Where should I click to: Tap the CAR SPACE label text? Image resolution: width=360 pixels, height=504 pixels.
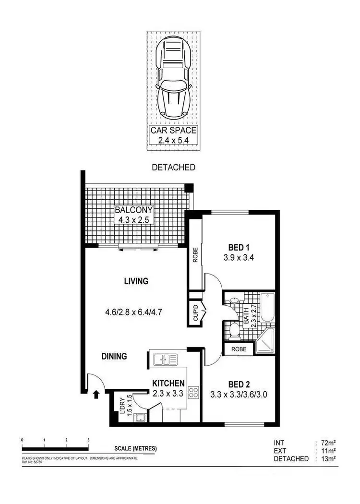173,130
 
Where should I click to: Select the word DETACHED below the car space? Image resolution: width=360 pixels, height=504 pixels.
173,168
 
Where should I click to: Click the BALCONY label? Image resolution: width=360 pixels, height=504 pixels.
133,210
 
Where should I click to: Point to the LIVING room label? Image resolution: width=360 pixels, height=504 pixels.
136,281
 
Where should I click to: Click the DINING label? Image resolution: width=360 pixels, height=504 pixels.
114,356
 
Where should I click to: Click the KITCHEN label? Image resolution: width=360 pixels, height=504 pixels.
168,383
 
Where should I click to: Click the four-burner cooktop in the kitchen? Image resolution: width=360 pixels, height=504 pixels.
193,393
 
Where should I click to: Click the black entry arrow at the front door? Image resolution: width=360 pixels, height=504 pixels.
96,394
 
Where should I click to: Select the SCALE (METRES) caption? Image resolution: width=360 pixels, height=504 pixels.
135,449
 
